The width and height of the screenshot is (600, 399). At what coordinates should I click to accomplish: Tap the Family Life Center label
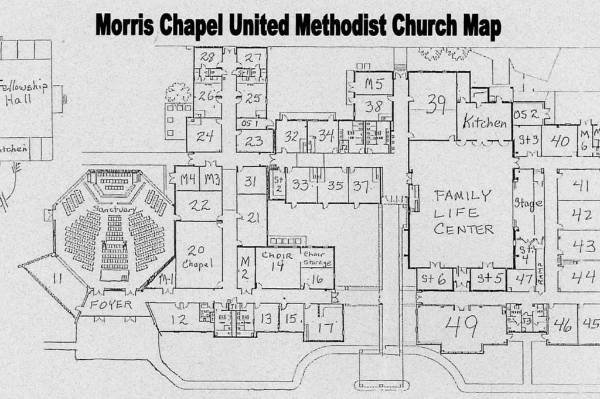[x=463, y=212]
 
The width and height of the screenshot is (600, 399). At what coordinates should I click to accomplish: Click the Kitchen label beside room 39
[x=485, y=122]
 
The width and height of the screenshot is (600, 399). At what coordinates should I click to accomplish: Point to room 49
[x=461, y=326]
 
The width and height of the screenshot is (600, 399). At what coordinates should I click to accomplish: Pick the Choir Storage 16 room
[x=316, y=270]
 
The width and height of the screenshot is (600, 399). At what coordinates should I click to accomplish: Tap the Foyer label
[x=111, y=305]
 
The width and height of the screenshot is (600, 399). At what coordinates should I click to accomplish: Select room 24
[x=204, y=136]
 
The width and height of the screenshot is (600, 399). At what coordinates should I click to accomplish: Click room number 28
[x=207, y=57]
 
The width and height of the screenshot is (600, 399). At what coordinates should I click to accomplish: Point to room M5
[x=374, y=84]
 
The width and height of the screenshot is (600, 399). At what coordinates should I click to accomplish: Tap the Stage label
[x=527, y=204]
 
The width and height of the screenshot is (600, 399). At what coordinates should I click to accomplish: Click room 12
[x=179, y=319]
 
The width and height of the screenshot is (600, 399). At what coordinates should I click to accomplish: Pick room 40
[x=560, y=141]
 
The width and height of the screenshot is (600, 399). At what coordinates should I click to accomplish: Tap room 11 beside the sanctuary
[x=57, y=278]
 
